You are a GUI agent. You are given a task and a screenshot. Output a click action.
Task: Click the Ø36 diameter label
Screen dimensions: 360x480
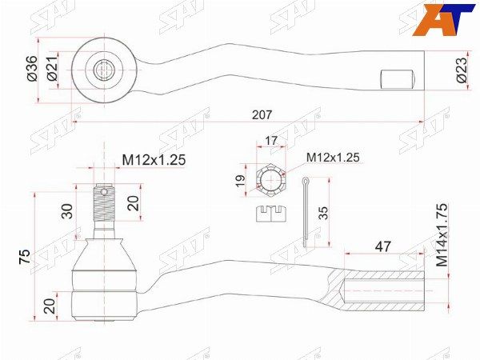31,71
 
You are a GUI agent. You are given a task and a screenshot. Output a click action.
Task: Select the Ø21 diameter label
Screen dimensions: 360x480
50,71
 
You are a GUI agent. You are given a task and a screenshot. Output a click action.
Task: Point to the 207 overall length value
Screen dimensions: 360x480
261,114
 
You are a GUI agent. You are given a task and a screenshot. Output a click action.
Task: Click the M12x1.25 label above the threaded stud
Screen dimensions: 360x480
154,160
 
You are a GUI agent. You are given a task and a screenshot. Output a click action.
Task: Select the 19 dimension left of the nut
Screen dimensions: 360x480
241,182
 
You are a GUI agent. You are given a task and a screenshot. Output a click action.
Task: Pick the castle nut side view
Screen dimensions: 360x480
270,213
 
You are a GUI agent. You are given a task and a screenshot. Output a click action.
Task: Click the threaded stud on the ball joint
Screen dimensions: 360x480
102,206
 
